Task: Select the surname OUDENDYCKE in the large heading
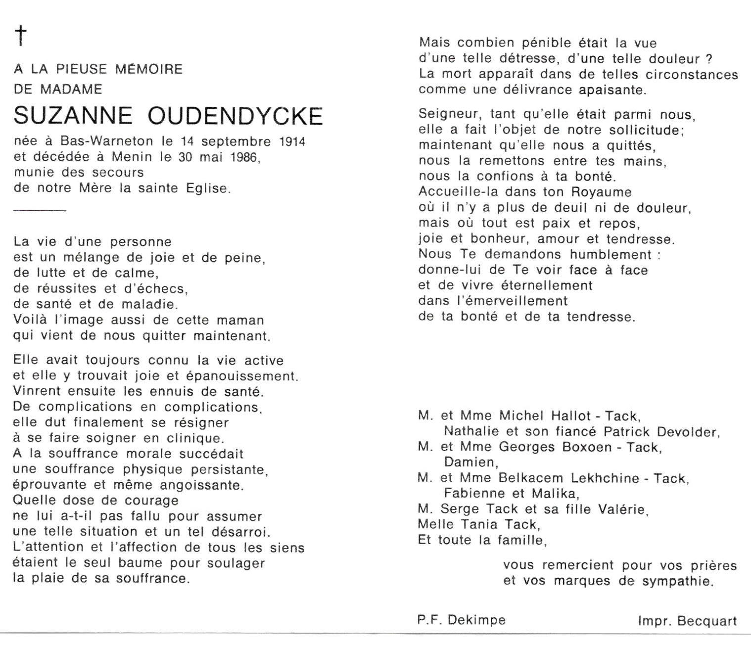point(235,116)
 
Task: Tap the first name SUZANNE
point(73,116)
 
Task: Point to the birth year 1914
point(292,142)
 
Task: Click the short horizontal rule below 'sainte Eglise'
point(40,211)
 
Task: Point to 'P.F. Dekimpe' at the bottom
point(462,620)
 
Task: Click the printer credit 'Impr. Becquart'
point(687,621)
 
